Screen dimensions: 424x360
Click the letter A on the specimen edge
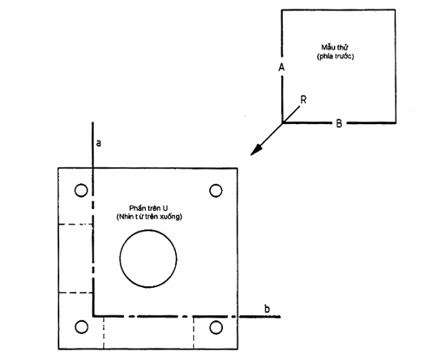click(x=281, y=66)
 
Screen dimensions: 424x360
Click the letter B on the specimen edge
click(x=339, y=123)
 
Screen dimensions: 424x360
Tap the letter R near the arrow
click(x=303, y=100)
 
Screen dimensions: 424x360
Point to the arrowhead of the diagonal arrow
click(x=256, y=150)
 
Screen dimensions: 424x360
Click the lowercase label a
click(x=99, y=143)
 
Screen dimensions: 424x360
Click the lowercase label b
click(x=267, y=309)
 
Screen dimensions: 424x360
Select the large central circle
click(x=148, y=230)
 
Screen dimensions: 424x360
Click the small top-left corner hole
click(x=81, y=184)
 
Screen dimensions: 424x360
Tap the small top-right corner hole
click(x=216, y=184)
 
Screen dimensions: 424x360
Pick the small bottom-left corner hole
click(x=81, y=320)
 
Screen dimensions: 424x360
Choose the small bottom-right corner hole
click(x=216, y=321)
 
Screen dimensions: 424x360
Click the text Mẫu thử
click(x=335, y=47)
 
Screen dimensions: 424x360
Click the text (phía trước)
click(x=336, y=56)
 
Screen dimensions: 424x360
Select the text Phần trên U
click(x=148, y=208)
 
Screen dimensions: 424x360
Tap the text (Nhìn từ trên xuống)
click(x=149, y=216)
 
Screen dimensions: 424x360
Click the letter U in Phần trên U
click(x=165, y=208)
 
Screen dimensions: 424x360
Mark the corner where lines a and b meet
click(x=93, y=315)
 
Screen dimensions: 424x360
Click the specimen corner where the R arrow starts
click(x=283, y=122)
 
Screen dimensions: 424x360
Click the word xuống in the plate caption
click(x=171, y=217)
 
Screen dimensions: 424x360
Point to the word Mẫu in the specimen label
click(x=328, y=47)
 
